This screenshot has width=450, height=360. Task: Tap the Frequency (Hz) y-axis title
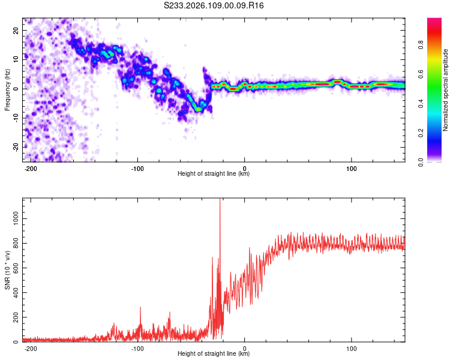(7, 90)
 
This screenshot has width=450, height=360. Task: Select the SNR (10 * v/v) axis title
(7, 269)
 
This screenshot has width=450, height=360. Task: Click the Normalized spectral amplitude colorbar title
(446, 90)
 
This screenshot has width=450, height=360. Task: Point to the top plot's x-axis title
(214, 174)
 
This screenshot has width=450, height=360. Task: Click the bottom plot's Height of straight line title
(214, 354)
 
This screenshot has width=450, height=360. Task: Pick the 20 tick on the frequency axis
(16, 30)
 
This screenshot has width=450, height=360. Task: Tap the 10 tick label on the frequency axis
(16, 59)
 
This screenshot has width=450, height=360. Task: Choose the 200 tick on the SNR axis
(13, 318)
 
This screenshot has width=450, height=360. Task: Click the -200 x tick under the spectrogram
(31, 169)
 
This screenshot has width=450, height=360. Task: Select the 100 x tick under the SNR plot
(352, 349)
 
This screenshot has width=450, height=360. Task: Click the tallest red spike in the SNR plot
(220, 201)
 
